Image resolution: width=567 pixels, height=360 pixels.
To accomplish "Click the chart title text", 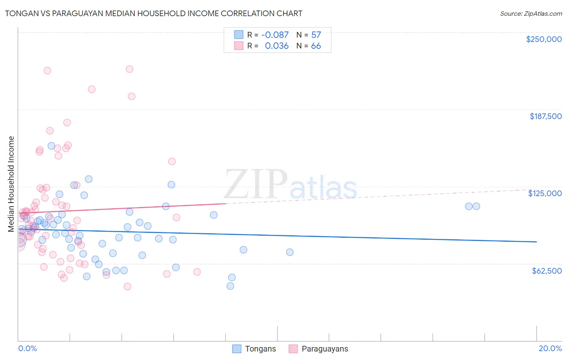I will [154, 13].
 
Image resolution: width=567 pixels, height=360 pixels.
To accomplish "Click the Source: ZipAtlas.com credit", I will [531, 13].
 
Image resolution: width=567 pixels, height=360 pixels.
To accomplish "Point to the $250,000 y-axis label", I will [544, 39].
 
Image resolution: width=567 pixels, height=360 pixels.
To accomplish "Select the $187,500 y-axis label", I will [545, 116].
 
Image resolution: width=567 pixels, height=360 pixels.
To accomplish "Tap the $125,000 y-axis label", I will [545, 193].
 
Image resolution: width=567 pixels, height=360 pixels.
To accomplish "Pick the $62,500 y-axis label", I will [546, 271].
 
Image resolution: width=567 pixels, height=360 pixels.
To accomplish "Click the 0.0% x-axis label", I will [27, 348].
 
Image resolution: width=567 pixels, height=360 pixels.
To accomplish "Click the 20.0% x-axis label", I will [550, 348].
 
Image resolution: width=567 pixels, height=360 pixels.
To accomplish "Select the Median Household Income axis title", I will [11, 184].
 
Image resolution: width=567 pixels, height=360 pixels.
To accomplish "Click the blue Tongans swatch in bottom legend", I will [237, 349].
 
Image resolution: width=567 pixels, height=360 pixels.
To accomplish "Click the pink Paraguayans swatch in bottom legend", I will [293, 349].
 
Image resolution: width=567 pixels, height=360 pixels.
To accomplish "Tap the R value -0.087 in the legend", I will [275, 35].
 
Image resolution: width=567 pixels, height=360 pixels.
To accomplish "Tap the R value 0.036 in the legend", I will [277, 46].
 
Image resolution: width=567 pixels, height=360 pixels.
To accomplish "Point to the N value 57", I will [316, 35].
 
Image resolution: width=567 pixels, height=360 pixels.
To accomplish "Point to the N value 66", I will [316, 46].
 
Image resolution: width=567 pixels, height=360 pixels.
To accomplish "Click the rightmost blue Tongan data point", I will [476, 206].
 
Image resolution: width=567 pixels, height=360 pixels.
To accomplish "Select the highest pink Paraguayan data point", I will [129, 69].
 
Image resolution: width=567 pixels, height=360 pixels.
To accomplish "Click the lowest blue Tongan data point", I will [230, 286].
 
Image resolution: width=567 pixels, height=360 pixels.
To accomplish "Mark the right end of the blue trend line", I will [536, 242].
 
